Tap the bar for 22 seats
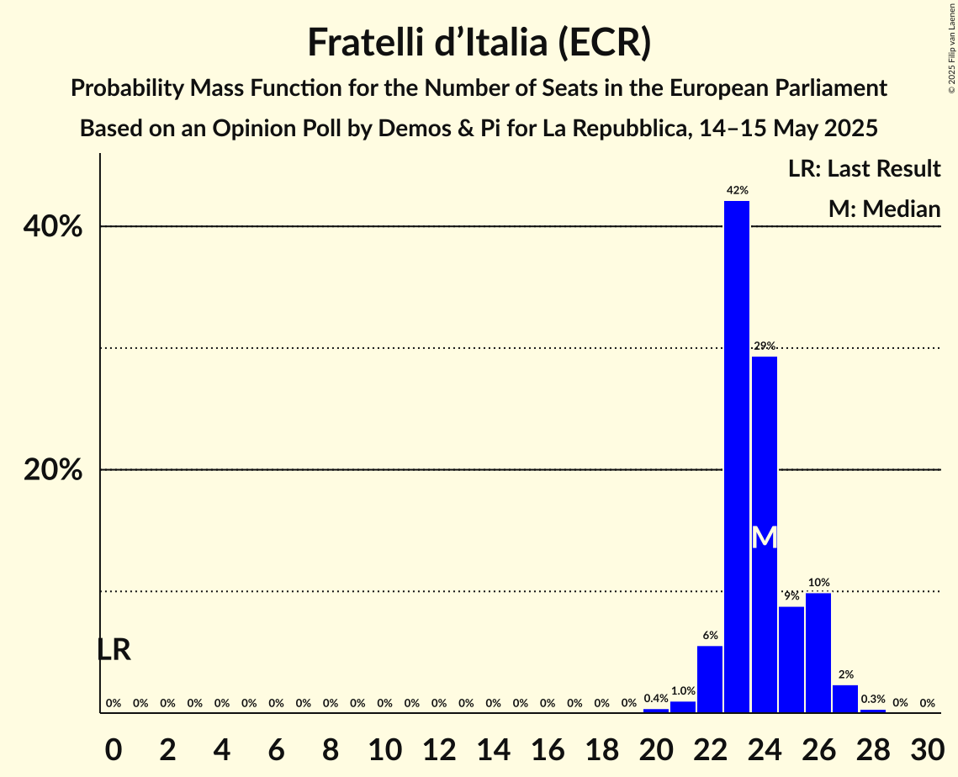point(710,679)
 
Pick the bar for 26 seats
point(818,653)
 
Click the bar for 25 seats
point(791,659)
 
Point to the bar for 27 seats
point(845,699)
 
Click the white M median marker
point(764,537)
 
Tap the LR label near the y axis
point(114,650)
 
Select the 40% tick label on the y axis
point(53,227)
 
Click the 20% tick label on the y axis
point(53,470)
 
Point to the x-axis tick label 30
point(927,747)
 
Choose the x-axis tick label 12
point(438,747)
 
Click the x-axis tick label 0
point(114,747)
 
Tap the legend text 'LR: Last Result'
point(864,169)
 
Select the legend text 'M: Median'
point(884,209)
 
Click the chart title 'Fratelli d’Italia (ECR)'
point(479,43)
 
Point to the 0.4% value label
point(656,699)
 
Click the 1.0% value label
point(683,691)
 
